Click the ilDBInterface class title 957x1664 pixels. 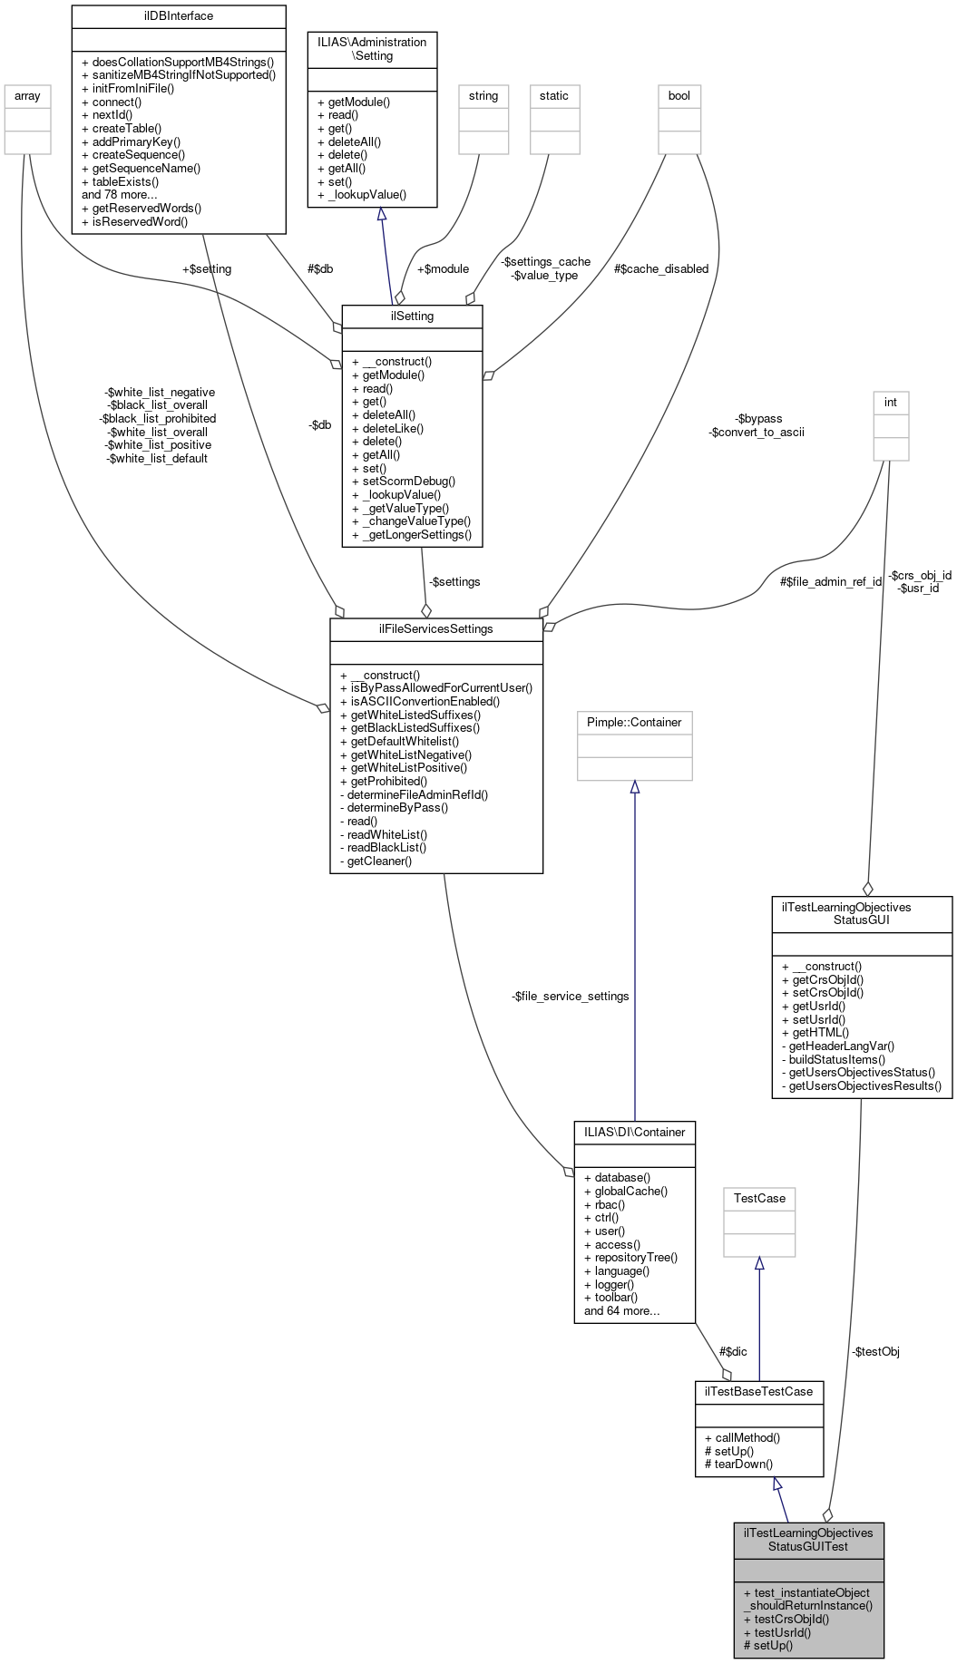(x=178, y=15)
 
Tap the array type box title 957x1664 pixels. (x=27, y=95)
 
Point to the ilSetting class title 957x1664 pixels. (x=411, y=316)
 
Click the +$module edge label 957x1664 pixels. (x=443, y=268)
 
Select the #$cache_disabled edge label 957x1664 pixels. (x=660, y=268)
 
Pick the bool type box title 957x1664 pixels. (x=679, y=95)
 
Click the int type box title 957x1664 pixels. (x=890, y=402)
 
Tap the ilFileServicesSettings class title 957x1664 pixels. (x=435, y=628)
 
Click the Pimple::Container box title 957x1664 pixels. (x=634, y=722)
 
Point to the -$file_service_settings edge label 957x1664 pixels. (x=570, y=996)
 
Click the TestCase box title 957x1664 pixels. (x=758, y=1198)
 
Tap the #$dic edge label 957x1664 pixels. (x=733, y=1351)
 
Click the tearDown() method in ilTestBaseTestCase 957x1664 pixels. (x=743, y=1464)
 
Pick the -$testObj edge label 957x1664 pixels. (x=875, y=1351)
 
